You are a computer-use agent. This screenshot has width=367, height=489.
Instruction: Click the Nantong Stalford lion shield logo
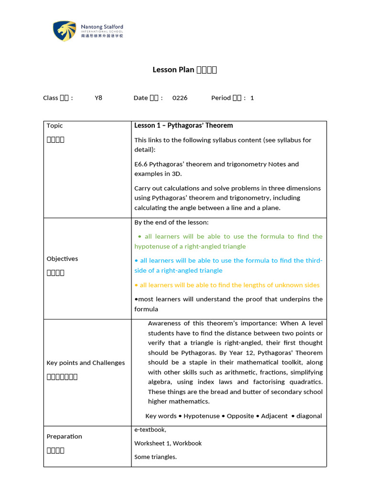pyautogui.click(x=65, y=31)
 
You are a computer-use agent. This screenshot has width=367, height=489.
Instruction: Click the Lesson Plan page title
pyautogui.click(x=184, y=70)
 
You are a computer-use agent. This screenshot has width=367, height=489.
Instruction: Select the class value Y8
pyautogui.click(x=98, y=98)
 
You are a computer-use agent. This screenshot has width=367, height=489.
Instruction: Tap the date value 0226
pyautogui.click(x=180, y=98)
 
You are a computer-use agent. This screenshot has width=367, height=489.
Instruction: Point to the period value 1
pyautogui.click(x=252, y=98)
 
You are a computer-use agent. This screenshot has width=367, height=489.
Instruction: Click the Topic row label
pyautogui.click(x=54, y=126)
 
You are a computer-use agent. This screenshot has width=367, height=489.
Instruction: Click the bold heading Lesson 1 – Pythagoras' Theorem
pyautogui.click(x=183, y=126)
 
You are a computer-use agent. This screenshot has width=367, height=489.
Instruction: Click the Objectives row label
pyautogui.click(x=62, y=259)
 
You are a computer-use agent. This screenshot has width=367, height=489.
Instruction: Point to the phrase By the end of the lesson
pyautogui.click(x=171, y=222)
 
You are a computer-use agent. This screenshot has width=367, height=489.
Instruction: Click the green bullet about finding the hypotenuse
pyautogui.click(x=228, y=241)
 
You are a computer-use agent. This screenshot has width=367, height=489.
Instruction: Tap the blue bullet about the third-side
pyautogui.click(x=228, y=266)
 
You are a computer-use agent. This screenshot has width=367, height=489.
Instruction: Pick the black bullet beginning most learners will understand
pyautogui.click(x=228, y=304)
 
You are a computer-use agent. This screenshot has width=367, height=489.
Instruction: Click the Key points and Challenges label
pyautogui.click(x=86, y=363)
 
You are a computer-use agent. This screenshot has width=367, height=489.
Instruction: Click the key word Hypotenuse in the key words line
pyautogui.click(x=202, y=416)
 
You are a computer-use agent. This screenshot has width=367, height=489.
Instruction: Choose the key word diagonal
pyautogui.click(x=309, y=416)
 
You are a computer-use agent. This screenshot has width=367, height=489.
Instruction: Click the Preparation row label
pyautogui.click(x=64, y=436)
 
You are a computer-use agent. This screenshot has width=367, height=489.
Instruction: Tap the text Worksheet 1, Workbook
pyautogui.click(x=168, y=443)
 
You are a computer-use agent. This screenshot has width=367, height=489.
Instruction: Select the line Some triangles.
pyautogui.click(x=155, y=457)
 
